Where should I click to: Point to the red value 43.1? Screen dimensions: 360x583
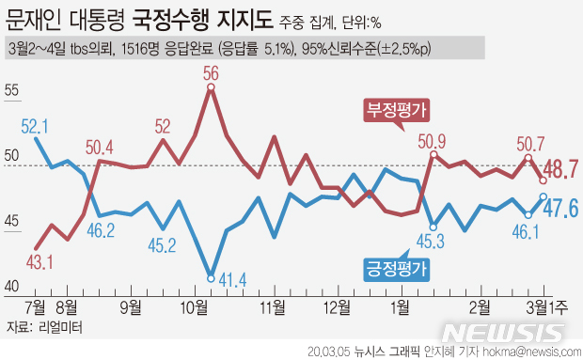coord(39,261)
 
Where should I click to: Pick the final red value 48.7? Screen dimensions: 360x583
coord(559,170)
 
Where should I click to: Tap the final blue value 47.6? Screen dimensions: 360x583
coord(559,208)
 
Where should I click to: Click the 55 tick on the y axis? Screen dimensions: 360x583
coord(12,91)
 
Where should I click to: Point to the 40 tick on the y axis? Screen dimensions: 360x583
coord(12,287)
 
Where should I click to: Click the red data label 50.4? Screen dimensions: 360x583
coord(99,147)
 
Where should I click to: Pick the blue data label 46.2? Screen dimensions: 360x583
coord(100,230)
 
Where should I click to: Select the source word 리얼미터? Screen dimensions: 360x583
coord(56,328)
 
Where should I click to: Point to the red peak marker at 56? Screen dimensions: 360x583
coord(211,87)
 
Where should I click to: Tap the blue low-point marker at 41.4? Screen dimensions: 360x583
coord(210,276)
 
